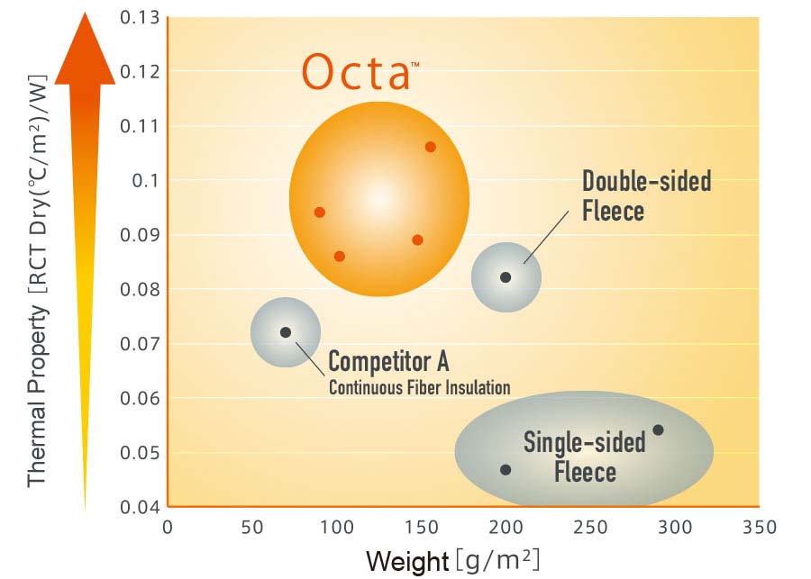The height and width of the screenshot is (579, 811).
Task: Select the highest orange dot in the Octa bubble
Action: point(430,147)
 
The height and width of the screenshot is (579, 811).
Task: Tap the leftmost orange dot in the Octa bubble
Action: point(319,213)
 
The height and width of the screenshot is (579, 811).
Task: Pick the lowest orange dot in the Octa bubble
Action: point(340,257)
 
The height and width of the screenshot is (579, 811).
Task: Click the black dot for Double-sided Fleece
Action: point(506,277)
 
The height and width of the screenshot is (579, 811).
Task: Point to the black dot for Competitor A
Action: point(286,332)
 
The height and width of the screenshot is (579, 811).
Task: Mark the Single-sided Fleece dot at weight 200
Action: point(506,470)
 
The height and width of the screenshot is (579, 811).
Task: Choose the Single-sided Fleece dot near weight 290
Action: point(658,430)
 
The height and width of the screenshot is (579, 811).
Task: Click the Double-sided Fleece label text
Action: point(646,195)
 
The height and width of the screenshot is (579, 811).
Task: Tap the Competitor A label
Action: point(388,362)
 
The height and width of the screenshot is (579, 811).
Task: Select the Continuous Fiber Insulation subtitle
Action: point(419,388)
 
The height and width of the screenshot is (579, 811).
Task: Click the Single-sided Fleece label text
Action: point(585,457)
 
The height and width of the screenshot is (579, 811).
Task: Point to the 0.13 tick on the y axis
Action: point(140,17)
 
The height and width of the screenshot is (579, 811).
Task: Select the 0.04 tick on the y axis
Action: point(140,507)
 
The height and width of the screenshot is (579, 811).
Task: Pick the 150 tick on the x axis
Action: point(421,528)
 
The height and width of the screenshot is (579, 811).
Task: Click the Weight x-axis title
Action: point(452,561)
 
